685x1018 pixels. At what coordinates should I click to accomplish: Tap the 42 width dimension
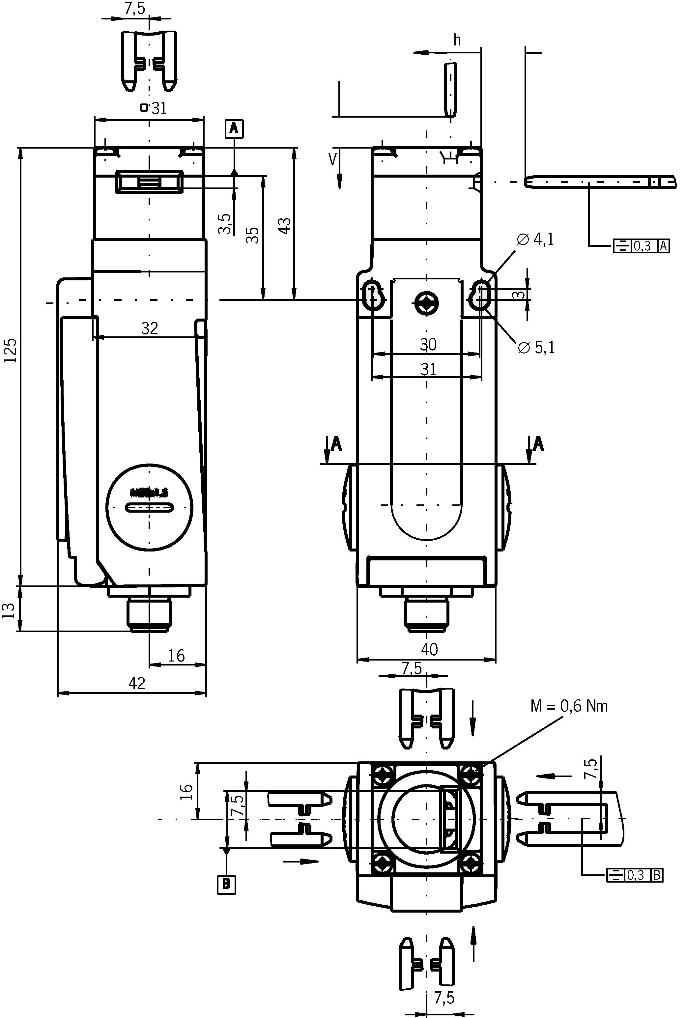pyautogui.click(x=137, y=683)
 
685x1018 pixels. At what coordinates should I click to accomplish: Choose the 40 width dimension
pyautogui.click(x=429, y=649)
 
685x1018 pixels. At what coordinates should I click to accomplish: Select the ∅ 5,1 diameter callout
pyautogui.click(x=536, y=348)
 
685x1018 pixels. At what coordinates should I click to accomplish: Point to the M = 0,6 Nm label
pyautogui.click(x=569, y=706)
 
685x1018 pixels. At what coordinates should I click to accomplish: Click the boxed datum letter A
pyautogui.click(x=234, y=128)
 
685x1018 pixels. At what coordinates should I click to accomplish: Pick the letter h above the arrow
pyautogui.click(x=457, y=40)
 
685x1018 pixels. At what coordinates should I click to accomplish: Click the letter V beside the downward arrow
pyautogui.click(x=332, y=159)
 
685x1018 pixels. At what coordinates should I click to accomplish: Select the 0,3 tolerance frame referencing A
pyautogui.click(x=641, y=246)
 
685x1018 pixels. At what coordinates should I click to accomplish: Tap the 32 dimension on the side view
pyautogui.click(x=149, y=328)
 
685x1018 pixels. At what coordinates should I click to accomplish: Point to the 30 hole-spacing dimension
pyautogui.click(x=428, y=345)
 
